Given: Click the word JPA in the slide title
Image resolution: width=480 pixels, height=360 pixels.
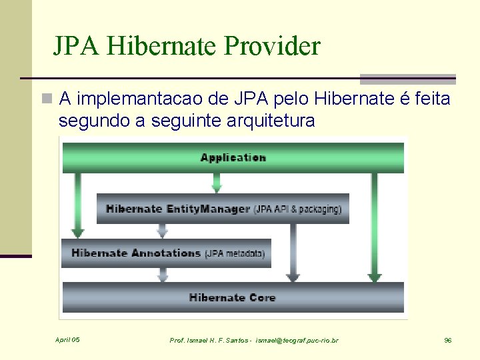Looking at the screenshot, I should coord(77,47).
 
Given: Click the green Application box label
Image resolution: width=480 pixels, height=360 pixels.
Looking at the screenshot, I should coord(233,158).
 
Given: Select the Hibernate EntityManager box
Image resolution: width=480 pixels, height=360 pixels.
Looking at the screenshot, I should coord(223,209).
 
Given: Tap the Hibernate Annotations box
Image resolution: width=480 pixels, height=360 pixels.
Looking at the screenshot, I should coord(167,253).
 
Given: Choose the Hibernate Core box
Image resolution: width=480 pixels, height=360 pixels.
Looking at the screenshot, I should coord(233,297).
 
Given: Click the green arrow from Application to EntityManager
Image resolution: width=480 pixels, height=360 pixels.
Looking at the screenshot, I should coord(216,183).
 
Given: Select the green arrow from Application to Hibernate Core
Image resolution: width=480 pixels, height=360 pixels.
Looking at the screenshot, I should coord(375,227).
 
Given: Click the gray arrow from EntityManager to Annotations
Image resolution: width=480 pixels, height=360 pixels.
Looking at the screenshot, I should coord(162,231).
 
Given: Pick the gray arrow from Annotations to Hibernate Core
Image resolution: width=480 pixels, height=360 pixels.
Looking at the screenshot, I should coord(162,274).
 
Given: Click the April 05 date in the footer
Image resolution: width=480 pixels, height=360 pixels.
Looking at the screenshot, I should coord(67,340).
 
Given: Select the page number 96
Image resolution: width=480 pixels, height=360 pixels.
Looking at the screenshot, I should coord(448,341).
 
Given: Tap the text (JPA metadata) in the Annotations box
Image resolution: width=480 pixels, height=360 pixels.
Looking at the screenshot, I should coord(235,254).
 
